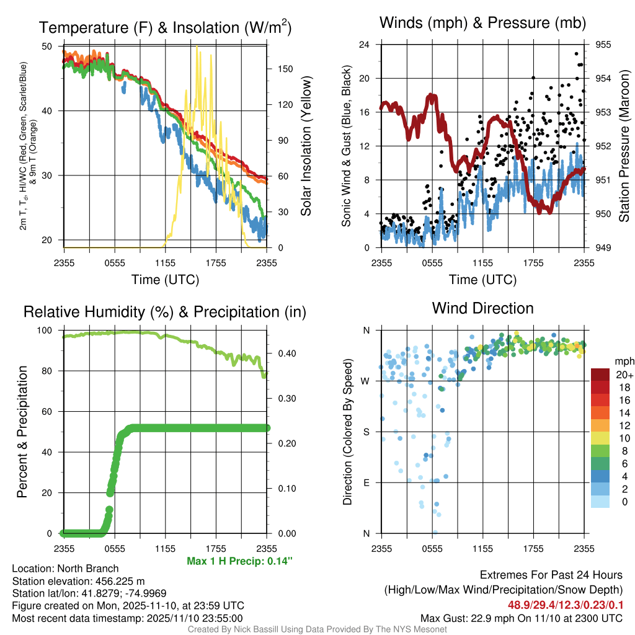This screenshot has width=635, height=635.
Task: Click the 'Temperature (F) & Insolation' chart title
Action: (x=165, y=27)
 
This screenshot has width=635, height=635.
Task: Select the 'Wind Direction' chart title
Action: (x=482, y=308)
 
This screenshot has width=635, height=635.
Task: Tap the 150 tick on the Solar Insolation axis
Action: (x=278, y=69)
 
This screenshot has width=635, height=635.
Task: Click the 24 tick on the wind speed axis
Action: (x=365, y=45)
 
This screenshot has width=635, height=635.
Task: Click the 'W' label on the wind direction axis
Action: (x=366, y=381)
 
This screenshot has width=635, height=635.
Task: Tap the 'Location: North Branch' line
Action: (x=65, y=569)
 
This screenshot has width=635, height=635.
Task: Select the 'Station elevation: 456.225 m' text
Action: (x=78, y=581)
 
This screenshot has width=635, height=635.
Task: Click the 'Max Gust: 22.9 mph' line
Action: (x=521, y=618)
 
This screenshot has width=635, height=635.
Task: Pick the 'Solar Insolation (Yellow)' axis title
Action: (x=306, y=146)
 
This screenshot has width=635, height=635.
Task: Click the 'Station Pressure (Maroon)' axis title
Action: (x=624, y=146)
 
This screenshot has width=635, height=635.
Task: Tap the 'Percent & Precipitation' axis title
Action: (x=22, y=432)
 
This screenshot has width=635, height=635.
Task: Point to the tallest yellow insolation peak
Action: (x=197, y=48)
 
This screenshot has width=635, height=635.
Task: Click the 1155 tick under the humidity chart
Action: (x=165, y=548)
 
